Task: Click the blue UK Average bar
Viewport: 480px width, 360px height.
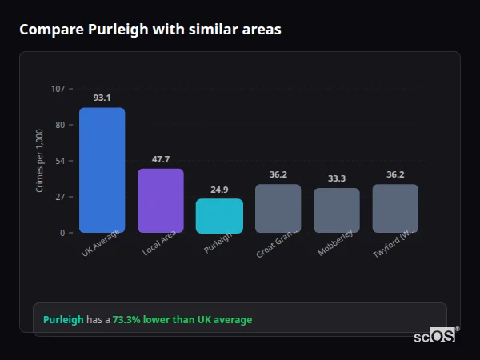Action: click(x=102, y=170)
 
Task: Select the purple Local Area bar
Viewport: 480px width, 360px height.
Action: click(x=160, y=201)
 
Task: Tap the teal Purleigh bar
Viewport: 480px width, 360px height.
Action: click(x=219, y=216)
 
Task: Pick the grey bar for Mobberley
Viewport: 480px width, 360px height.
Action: click(x=336, y=210)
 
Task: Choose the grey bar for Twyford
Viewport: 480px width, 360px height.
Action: click(x=395, y=209)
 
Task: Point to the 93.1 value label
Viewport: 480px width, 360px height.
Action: click(x=102, y=98)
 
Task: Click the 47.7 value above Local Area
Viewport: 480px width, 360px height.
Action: click(x=160, y=159)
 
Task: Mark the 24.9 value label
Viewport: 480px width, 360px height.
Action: click(x=219, y=190)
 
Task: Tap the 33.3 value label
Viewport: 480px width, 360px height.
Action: click(x=336, y=178)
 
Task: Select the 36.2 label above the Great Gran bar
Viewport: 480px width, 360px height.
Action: click(x=278, y=174)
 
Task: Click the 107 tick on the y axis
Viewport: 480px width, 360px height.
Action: click(x=58, y=89)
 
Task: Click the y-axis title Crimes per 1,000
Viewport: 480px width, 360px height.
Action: click(x=40, y=161)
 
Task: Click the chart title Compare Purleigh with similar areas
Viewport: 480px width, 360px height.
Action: click(x=150, y=30)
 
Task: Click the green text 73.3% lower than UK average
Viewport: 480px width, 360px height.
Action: click(x=182, y=320)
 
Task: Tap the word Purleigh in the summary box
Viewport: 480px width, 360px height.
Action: click(x=63, y=320)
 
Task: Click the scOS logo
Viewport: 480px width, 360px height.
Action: click(x=435, y=336)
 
